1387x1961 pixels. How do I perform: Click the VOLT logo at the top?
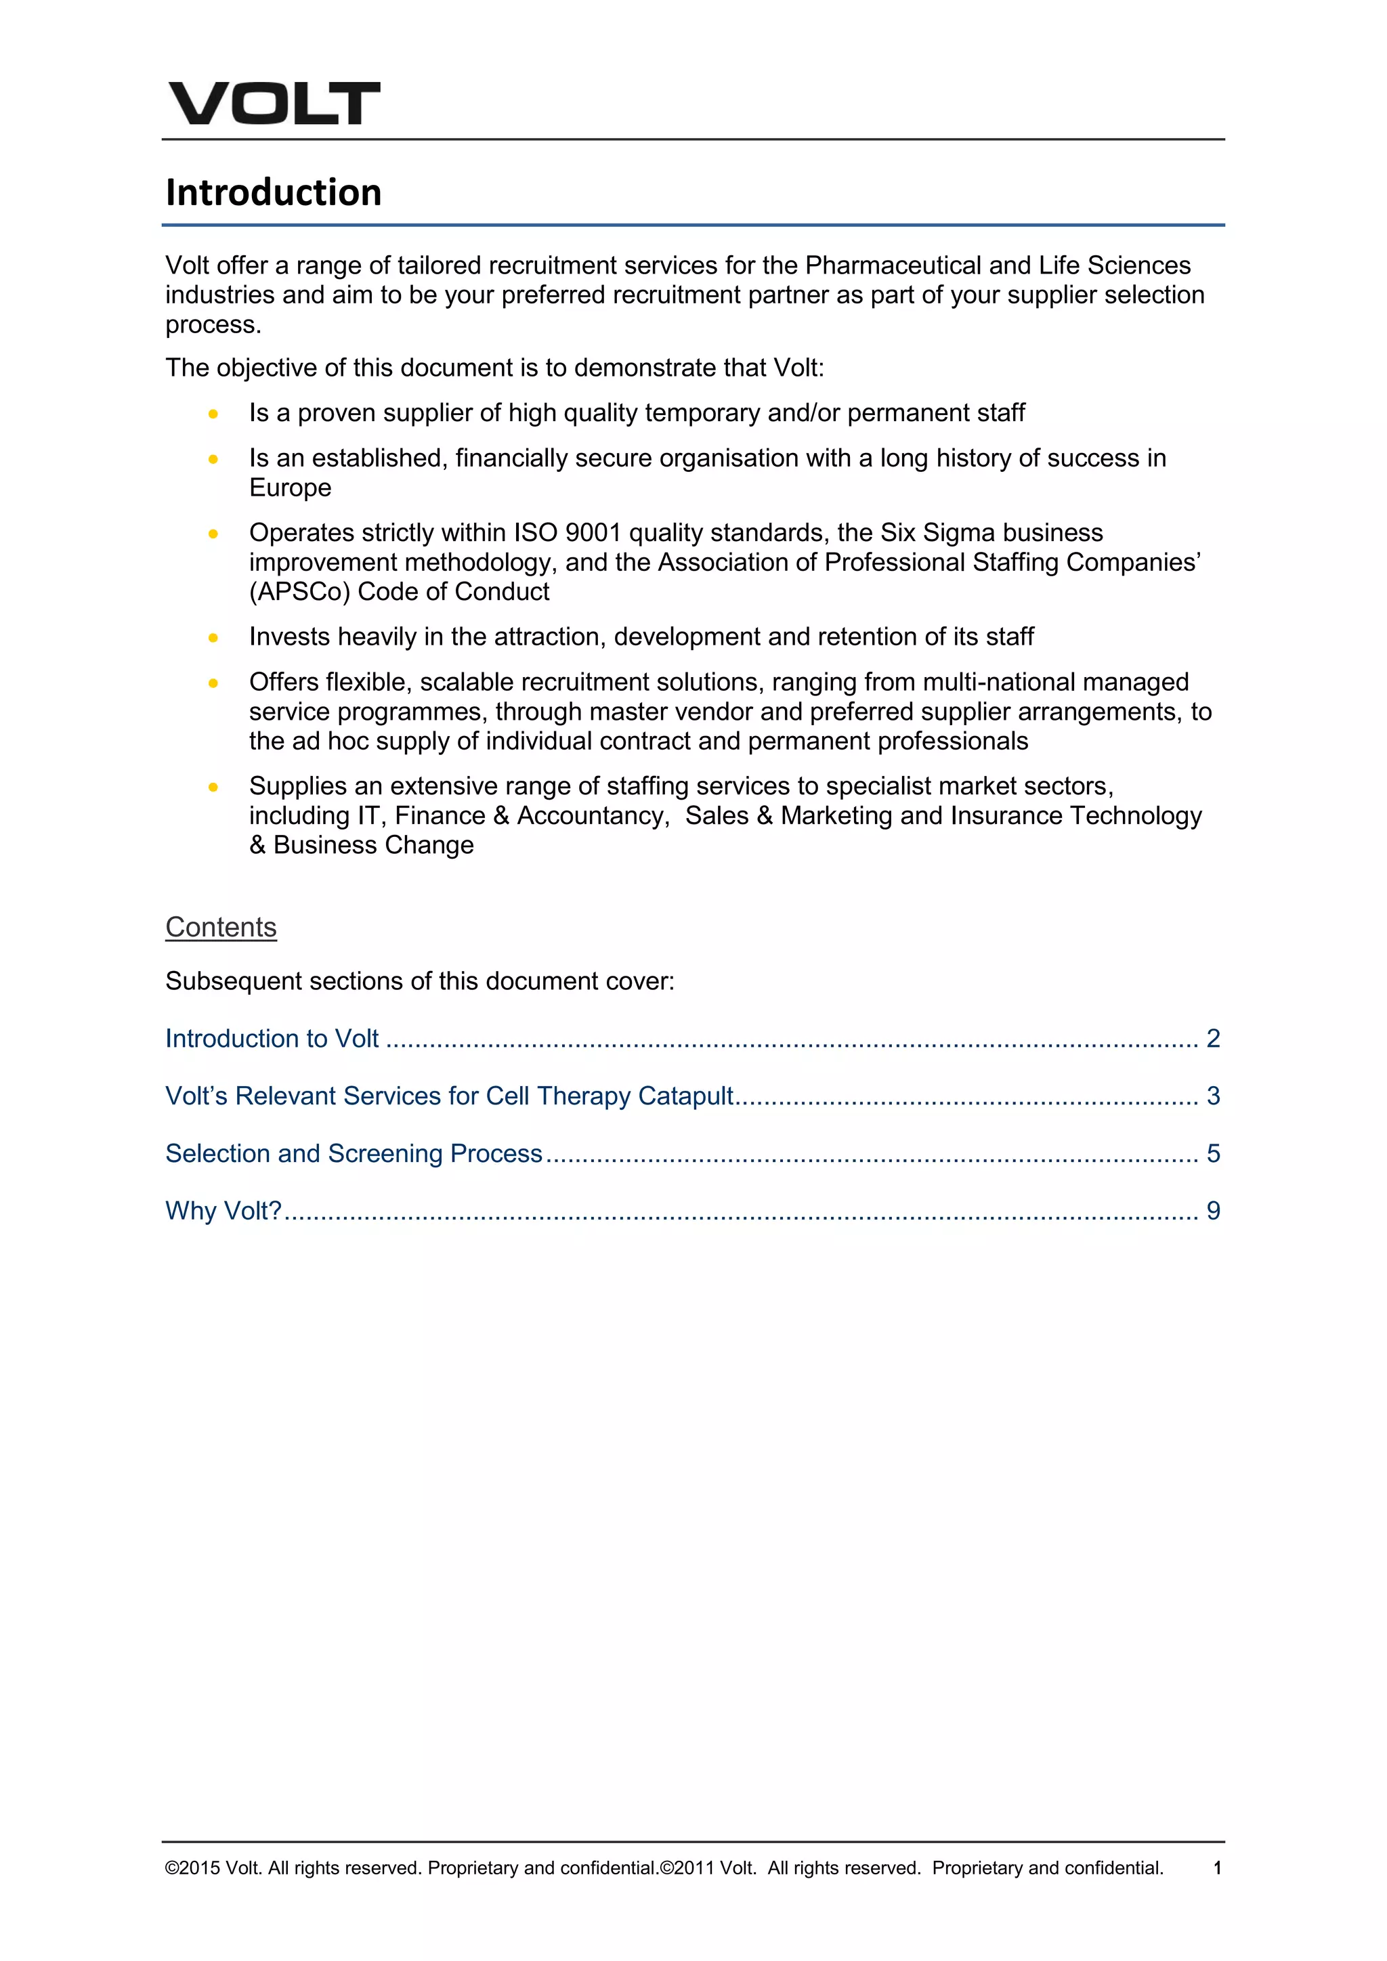coord(274,104)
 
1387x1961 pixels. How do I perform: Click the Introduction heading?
coord(274,192)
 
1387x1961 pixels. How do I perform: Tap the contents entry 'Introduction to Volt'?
coord(272,1038)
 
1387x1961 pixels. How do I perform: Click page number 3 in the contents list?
coord(1213,1096)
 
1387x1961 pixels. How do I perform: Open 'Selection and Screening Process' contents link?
coord(354,1153)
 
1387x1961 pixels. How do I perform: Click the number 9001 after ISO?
coord(593,532)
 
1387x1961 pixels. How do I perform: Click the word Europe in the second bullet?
coord(290,488)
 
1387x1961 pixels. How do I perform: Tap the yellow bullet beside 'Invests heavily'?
coord(213,637)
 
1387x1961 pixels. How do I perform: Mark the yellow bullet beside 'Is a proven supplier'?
coord(213,413)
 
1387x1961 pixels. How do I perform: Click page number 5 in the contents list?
coord(1213,1153)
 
